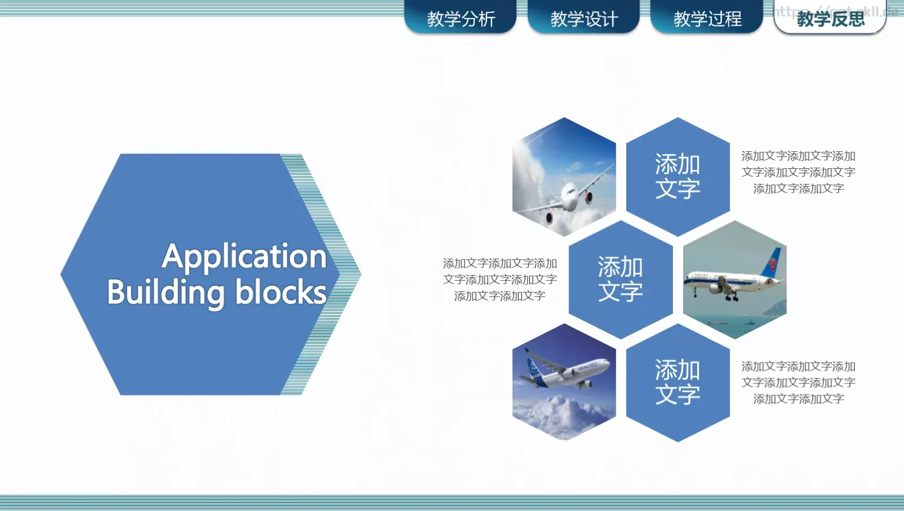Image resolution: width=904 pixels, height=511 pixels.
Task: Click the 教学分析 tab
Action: [x=460, y=19]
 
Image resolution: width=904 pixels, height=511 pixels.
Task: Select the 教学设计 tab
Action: [x=584, y=19]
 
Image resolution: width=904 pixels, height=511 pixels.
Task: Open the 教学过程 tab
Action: [x=707, y=19]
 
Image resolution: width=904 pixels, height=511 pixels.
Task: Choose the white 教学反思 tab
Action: [x=830, y=19]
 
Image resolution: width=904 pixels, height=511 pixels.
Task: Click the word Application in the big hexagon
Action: [x=244, y=257]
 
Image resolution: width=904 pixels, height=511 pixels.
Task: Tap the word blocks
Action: [x=280, y=292]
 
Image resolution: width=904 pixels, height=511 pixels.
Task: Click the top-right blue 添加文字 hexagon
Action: [x=677, y=176]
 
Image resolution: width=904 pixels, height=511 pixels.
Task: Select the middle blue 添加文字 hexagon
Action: [x=620, y=279]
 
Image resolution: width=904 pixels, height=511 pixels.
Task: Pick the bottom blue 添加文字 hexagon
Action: [x=677, y=382]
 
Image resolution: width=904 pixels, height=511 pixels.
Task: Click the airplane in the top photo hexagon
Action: [x=565, y=198]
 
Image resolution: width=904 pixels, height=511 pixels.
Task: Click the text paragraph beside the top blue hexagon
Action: [x=798, y=172]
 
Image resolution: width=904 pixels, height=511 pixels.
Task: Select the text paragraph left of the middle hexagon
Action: [x=499, y=279]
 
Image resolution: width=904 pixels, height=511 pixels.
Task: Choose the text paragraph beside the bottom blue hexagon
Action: [x=798, y=383]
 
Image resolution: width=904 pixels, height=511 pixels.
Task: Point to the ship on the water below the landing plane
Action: [x=716, y=324]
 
